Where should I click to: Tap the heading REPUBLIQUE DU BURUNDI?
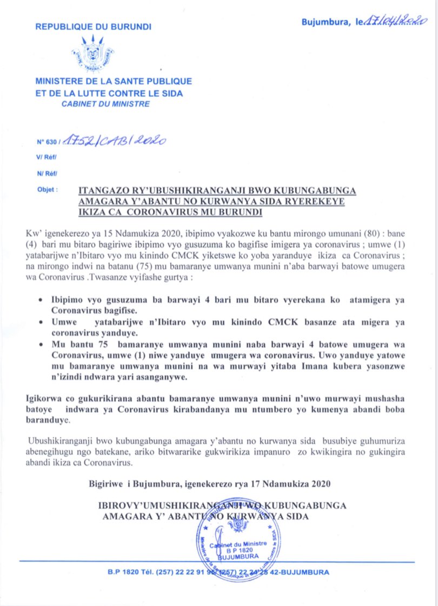(x=93, y=26)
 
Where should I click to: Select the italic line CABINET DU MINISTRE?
(x=105, y=104)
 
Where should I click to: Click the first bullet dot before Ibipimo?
(x=42, y=299)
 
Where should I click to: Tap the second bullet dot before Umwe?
(x=42, y=322)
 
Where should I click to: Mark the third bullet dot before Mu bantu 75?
(x=42, y=345)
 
